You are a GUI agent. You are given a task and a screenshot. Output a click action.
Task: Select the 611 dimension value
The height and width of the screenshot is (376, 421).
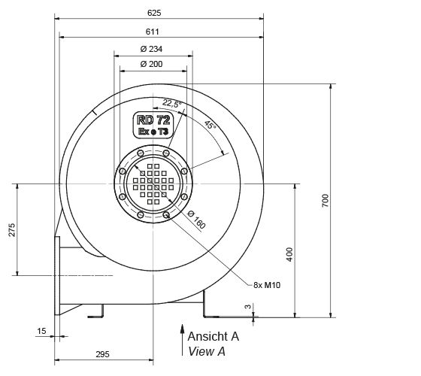156,32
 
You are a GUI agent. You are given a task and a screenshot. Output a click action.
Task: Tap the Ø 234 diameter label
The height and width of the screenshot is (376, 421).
152,50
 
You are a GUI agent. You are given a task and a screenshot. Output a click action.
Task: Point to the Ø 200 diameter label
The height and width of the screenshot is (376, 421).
151,65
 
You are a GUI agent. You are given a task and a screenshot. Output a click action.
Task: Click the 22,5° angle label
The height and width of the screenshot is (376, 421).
172,104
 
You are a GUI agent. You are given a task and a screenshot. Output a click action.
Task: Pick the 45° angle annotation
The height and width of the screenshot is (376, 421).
210,126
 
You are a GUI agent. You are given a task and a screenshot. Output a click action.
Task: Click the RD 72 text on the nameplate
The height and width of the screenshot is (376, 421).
153,120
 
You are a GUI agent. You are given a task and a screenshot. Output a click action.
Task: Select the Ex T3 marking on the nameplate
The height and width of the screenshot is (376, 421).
153,131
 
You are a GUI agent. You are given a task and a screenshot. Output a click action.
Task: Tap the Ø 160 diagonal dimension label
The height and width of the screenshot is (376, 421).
195,218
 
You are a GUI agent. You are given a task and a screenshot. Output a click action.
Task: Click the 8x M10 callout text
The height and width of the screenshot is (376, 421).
268,284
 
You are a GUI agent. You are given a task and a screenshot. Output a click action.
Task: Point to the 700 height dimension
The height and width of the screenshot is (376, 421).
326,202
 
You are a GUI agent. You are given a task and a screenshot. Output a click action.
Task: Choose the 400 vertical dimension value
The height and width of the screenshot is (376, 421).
290,253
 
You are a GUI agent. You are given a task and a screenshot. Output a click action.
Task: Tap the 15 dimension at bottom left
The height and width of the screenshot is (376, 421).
41,330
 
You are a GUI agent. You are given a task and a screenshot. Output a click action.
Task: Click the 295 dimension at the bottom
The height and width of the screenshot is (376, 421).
104,354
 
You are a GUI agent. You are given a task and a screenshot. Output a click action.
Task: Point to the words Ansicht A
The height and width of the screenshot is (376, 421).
213,336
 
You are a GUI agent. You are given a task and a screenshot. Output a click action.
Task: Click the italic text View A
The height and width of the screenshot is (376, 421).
206,351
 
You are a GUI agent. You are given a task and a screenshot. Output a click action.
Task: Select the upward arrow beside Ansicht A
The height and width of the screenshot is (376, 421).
180,338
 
